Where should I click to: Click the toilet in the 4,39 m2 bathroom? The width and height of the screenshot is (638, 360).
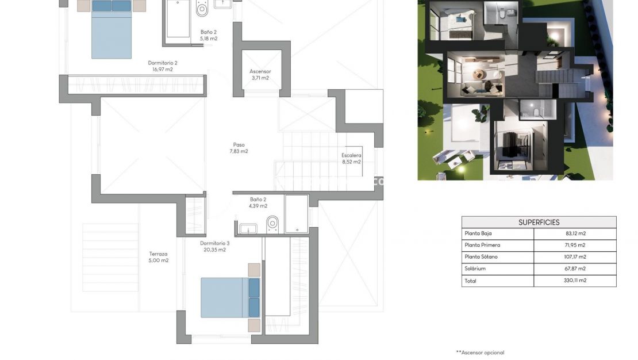point(272,224)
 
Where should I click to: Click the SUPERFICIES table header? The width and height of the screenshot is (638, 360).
point(539,222)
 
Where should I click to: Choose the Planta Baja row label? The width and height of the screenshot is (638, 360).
point(478,233)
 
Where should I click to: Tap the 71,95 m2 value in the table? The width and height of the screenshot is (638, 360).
point(575,246)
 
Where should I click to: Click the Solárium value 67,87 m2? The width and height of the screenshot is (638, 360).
point(575,269)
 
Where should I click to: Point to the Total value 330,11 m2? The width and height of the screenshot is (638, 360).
point(575,281)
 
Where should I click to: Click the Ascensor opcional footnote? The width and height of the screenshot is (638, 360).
point(480,353)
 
